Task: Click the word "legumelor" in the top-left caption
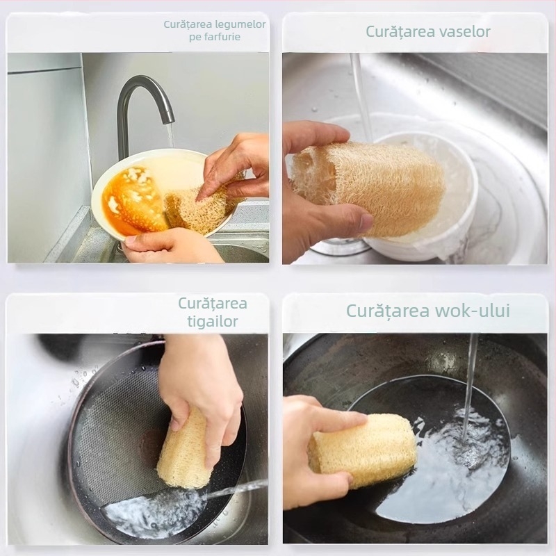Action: click(240, 25)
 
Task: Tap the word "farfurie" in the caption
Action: click(223, 37)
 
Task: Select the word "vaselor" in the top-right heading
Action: click(464, 31)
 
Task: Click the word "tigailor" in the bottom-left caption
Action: click(213, 322)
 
